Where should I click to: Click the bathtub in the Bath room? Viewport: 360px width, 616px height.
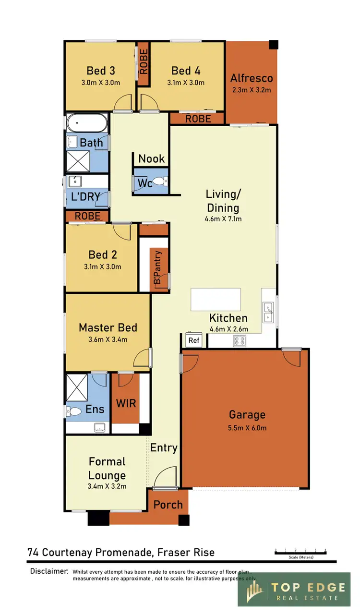86,124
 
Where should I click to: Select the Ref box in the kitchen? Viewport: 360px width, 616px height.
194,340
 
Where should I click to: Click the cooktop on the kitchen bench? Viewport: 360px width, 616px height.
240,340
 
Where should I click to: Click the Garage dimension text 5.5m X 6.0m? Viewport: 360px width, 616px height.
247,428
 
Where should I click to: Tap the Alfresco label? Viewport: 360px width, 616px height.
252,78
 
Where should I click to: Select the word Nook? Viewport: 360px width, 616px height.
151,159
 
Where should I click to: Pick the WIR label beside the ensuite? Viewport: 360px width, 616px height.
126,403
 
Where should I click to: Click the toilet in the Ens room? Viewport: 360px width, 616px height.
75,411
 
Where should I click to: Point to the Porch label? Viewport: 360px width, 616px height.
168,505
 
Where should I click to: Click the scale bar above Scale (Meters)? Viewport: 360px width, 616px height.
300,553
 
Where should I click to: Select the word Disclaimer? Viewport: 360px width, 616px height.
49,571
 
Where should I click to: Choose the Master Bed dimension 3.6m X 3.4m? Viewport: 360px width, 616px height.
108,339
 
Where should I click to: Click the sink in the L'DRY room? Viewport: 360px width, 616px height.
75,181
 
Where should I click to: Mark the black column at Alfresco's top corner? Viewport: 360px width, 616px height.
273,45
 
